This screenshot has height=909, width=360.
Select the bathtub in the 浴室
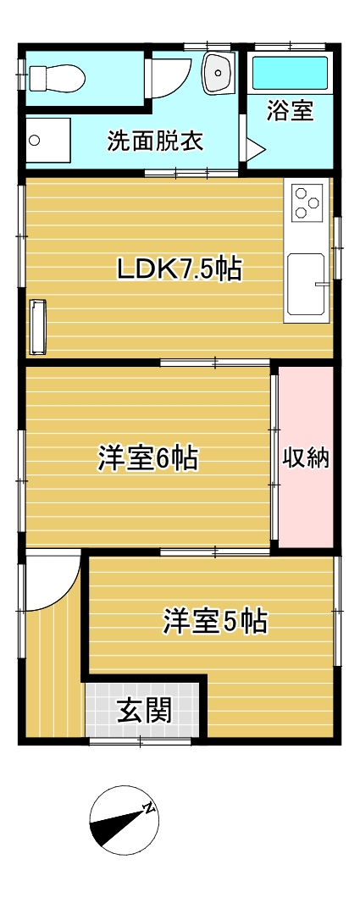[290, 73]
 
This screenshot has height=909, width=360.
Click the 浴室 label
[290, 111]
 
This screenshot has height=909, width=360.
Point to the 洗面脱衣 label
[155, 141]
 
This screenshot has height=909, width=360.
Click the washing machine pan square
[48, 140]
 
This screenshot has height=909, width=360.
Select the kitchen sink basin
[306, 283]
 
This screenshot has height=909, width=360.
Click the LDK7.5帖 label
[179, 269]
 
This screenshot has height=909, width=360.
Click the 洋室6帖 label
[147, 458]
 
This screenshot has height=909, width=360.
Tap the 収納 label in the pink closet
[306, 458]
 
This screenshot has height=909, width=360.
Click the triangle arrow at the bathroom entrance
[254, 150]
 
